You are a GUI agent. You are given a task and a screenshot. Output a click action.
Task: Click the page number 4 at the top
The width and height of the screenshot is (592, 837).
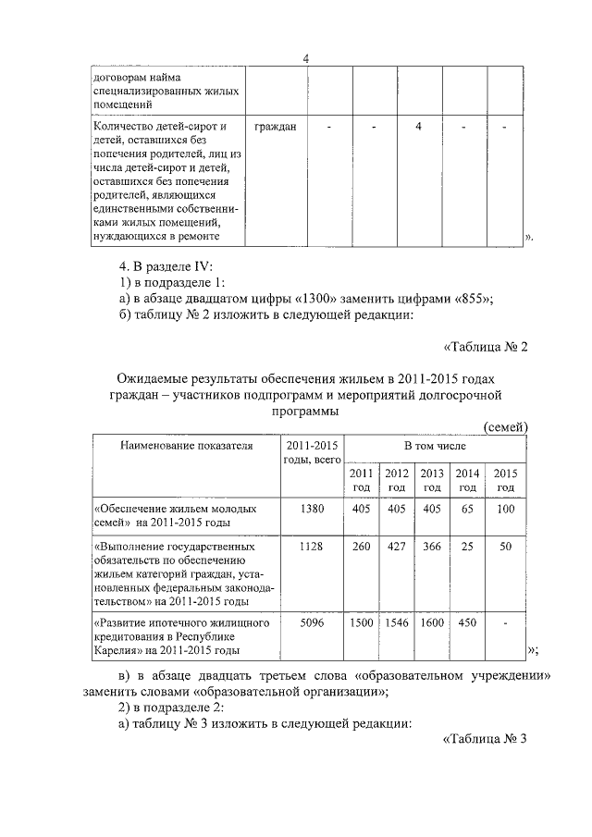coord(307,60)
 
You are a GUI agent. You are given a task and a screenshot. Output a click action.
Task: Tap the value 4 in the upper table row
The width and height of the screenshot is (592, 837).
coord(419,126)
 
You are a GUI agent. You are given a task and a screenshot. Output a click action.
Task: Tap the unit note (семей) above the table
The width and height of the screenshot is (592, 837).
coord(505,426)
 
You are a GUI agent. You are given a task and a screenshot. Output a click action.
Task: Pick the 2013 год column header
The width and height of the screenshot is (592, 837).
coord(432,480)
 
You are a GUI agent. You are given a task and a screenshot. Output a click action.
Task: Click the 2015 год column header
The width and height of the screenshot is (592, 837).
coord(505,480)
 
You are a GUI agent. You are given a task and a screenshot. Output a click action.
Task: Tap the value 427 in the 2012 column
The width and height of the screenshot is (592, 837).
coord(396,547)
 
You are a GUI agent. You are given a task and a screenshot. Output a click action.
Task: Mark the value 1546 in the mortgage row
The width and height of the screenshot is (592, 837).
coord(396,622)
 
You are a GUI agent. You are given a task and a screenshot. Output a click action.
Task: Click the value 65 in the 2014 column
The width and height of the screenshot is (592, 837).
coord(467,509)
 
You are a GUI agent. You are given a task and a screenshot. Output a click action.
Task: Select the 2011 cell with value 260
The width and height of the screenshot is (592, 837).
coord(361,547)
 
